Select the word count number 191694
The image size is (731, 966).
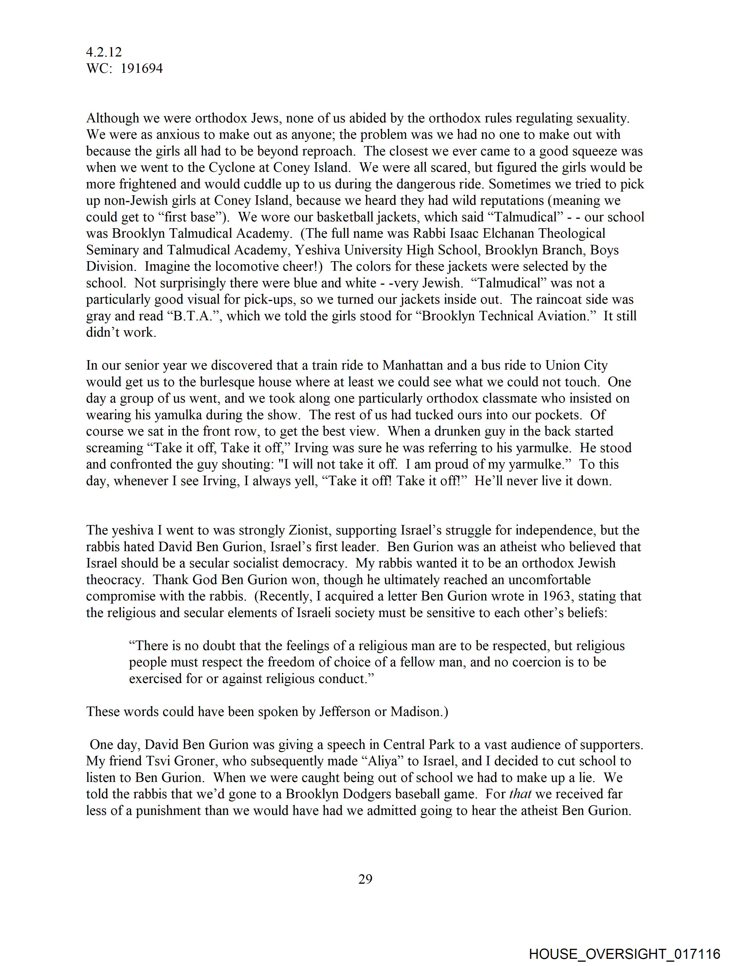tap(142, 69)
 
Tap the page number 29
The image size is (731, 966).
tap(365, 879)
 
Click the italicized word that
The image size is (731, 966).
tap(520, 794)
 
